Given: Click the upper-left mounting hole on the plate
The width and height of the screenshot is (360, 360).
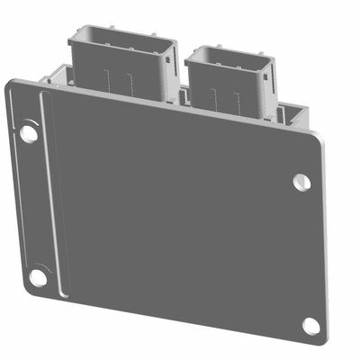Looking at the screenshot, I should tap(29, 133).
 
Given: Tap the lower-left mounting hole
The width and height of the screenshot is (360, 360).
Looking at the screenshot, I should tap(38, 277).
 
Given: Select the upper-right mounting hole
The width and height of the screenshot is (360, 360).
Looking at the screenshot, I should tap(301, 182).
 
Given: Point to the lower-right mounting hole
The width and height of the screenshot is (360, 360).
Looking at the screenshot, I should tap(310, 326).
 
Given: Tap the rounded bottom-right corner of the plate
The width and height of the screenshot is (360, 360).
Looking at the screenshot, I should tap(322, 340).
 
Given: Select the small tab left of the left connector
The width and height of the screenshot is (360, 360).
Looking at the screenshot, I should tap(58, 75).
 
